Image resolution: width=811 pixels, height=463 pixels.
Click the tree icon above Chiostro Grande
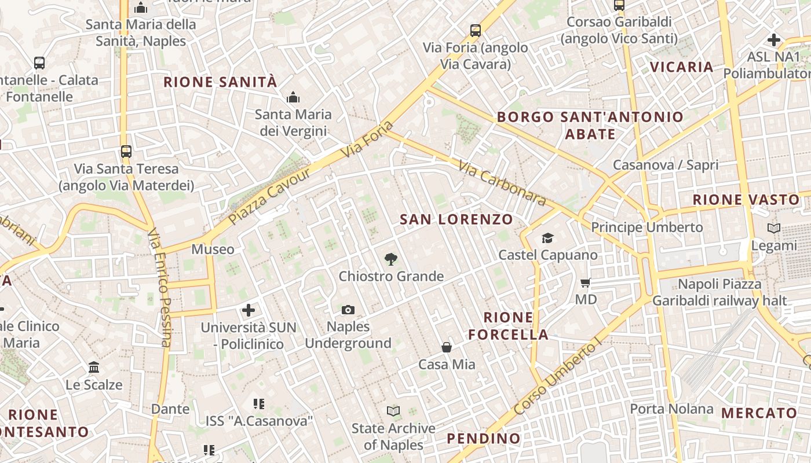(x=391, y=259)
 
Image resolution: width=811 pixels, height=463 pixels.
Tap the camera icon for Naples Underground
(x=348, y=310)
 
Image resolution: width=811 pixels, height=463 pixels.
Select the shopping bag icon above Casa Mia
(x=447, y=347)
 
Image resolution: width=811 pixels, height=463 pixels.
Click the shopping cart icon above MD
(x=586, y=283)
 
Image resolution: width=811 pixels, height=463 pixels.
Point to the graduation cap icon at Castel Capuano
(x=547, y=238)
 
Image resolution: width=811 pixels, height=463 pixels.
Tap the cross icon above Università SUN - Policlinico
(x=249, y=310)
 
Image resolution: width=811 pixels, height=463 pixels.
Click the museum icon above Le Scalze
(x=94, y=368)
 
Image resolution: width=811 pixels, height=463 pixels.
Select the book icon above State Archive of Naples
(x=393, y=411)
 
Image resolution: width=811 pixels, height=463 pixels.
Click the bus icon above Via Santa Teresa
(x=126, y=152)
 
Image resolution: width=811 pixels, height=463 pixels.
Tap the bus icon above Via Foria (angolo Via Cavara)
(x=476, y=31)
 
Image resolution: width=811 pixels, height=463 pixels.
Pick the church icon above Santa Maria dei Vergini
(x=293, y=97)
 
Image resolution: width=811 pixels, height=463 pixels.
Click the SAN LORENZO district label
(x=456, y=219)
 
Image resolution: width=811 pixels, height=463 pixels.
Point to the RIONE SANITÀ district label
(x=220, y=82)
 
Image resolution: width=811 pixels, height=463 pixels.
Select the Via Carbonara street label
(x=502, y=183)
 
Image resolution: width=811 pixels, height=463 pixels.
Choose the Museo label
(x=213, y=249)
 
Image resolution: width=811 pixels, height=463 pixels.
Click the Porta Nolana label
(x=671, y=409)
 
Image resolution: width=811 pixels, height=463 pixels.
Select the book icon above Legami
(x=773, y=228)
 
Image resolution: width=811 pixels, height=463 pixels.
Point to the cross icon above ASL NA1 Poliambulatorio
(x=774, y=40)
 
